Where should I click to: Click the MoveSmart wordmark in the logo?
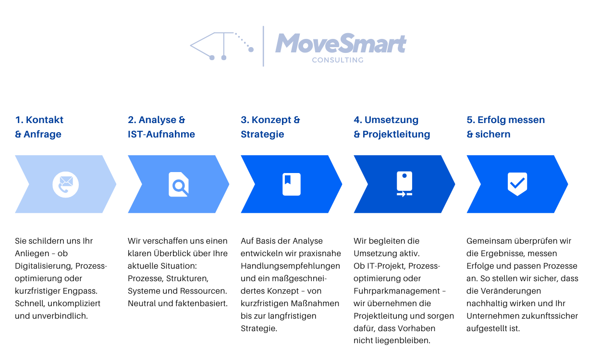point(341,43)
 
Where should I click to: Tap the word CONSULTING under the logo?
point(338,60)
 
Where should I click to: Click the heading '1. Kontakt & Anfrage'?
point(39,127)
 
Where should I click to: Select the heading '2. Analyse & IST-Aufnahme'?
point(161,127)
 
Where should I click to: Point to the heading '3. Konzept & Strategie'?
point(270,127)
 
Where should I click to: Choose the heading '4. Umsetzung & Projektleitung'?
point(392,127)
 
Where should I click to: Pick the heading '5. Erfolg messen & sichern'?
point(506,127)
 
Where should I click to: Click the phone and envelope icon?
point(66,184)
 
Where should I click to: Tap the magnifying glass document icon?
point(179,184)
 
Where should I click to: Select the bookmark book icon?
point(292,184)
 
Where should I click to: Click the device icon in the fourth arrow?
point(404,184)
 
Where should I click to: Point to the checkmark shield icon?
point(517,184)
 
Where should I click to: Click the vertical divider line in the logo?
point(263,46)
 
